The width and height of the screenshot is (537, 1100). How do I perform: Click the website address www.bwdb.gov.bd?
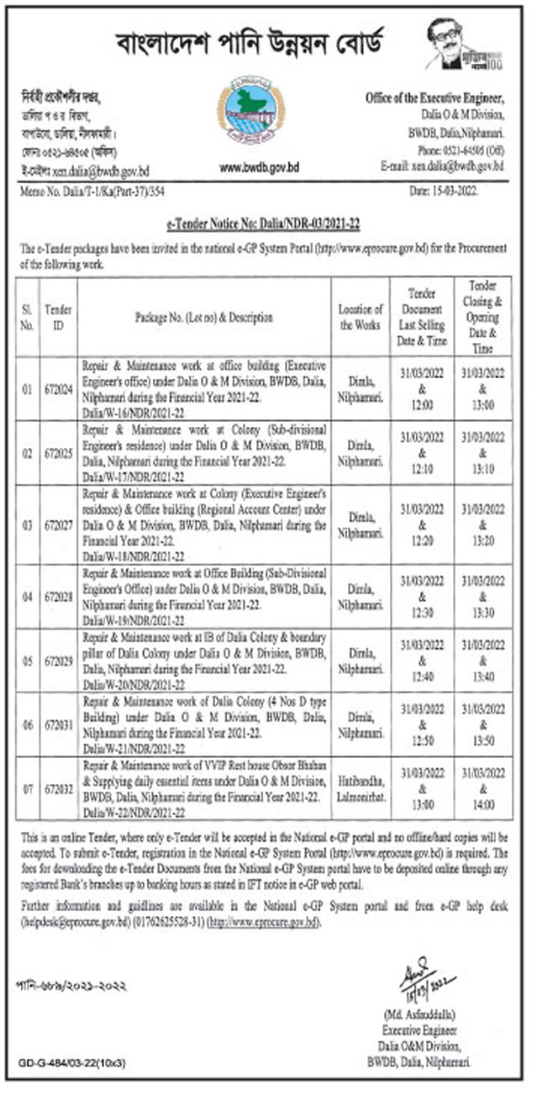(x=259, y=168)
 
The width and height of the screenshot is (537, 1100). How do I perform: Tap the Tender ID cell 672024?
(x=58, y=390)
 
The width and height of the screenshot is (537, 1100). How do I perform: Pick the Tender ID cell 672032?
(x=58, y=789)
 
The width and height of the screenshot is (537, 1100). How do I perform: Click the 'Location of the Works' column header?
(x=361, y=318)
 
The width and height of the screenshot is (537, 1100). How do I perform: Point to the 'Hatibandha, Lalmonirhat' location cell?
(x=361, y=789)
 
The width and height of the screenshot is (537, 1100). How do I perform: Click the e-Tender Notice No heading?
(x=268, y=229)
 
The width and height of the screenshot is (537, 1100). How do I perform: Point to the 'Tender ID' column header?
(x=58, y=318)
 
